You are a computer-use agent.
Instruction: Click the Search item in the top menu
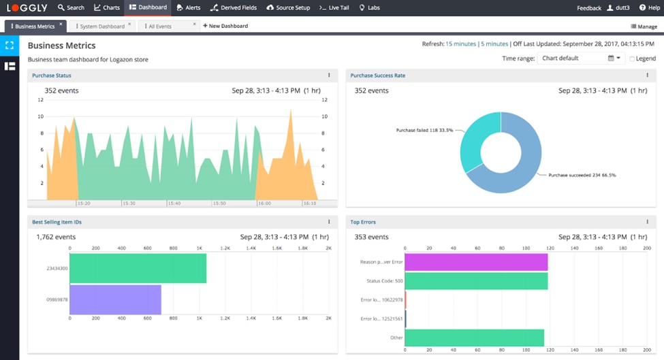click(71, 7)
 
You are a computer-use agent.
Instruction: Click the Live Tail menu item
click(335, 7)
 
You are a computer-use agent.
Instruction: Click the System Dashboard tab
click(101, 26)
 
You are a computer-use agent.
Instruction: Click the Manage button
click(644, 27)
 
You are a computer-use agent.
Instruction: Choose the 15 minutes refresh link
click(460, 44)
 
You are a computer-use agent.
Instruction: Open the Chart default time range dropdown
click(581, 59)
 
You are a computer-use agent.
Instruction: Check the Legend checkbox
click(632, 59)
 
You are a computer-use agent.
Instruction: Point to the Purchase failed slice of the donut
click(477, 140)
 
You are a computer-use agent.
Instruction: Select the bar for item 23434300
click(138, 268)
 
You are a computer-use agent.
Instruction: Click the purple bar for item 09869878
click(115, 300)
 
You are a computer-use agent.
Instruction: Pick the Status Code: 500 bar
click(476, 281)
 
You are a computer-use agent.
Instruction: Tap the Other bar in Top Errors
click(474, 338)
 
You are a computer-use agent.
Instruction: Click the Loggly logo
click(27, 7)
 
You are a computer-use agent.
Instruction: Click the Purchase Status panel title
click(52, 76)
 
